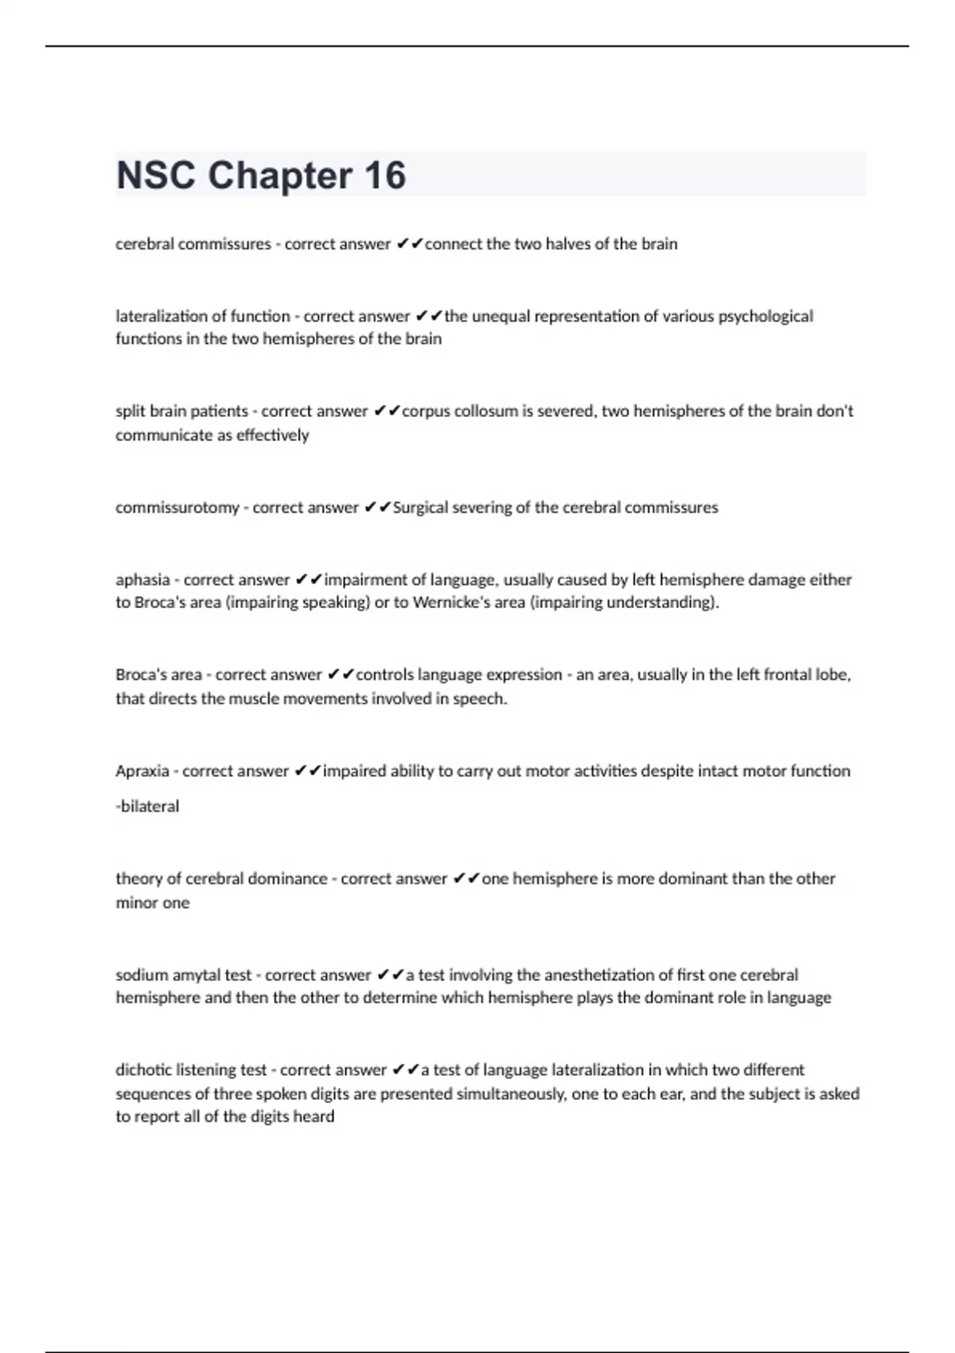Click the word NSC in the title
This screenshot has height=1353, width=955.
point(155,175)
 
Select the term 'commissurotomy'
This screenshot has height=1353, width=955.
point(177,508)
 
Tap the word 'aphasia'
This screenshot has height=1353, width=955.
point(142,580)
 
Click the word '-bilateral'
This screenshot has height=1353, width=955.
point(147,806)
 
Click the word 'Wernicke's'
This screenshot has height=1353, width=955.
point(452,602)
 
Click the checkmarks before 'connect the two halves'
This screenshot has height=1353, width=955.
point(409,244)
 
